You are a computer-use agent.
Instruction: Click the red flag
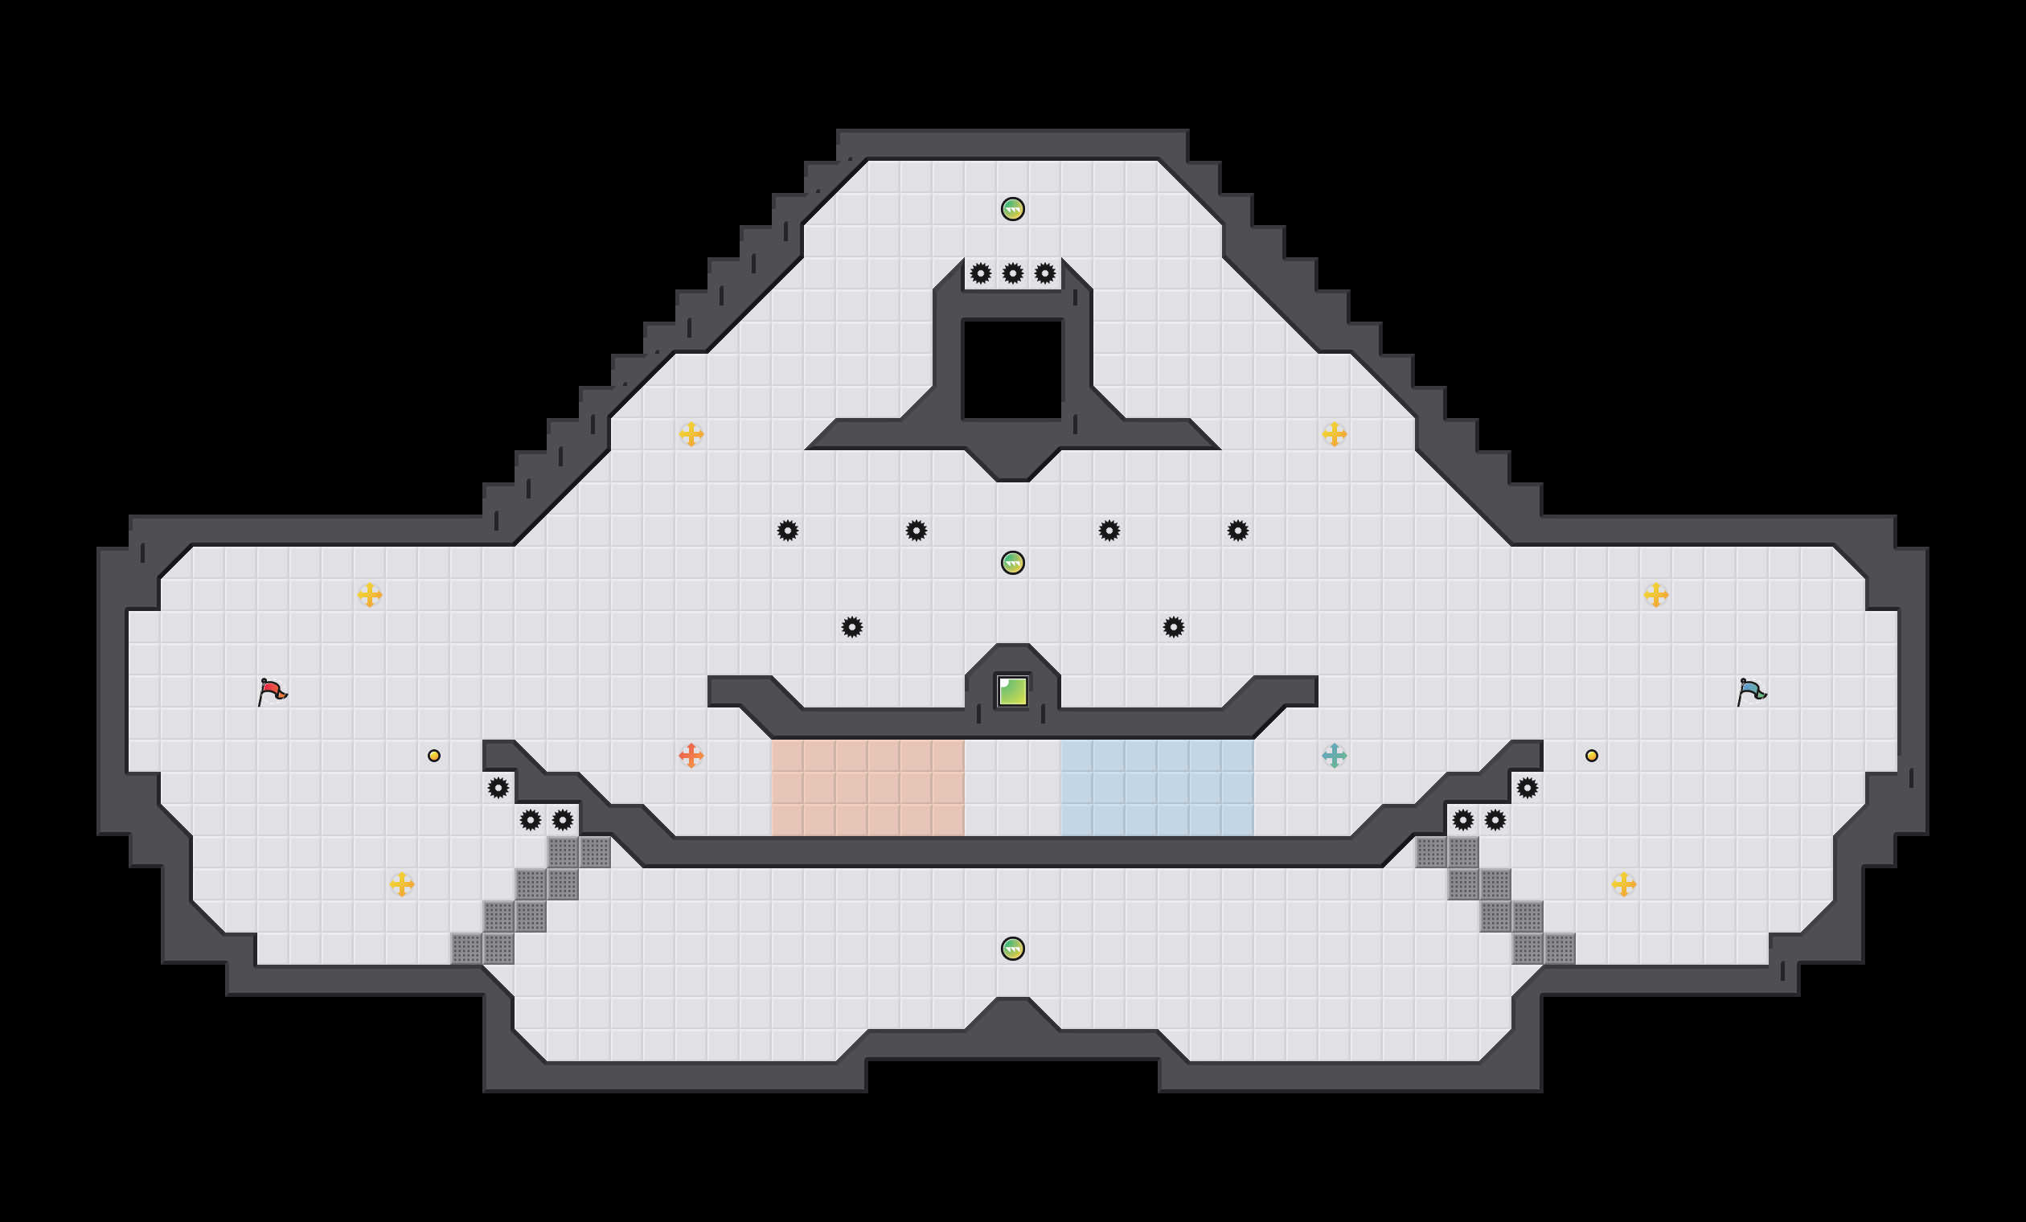click(273, 691)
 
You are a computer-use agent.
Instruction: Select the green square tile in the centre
click(1012, 691)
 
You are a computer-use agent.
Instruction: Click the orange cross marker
click(691, 755)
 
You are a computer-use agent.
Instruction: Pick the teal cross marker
click(1334, 755)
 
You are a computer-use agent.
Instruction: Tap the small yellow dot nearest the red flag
click(434, 756)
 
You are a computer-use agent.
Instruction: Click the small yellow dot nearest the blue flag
click(1592, 756)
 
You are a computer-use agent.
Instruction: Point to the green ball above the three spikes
click(1012, 209)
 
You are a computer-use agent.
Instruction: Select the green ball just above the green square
click(1012, 564)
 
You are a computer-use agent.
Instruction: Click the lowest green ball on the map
click(1012, 949)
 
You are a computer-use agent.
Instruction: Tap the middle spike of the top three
click(1012, 273)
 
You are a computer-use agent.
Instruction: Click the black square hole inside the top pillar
click(1012, 369)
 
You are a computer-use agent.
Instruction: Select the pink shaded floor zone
click(867, 787)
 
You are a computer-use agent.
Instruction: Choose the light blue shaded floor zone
click(1157, 787)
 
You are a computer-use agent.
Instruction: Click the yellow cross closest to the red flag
click(370, 595)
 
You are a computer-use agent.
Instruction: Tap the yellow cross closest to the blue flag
click(1655, 595)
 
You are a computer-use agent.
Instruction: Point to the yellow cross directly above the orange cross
click(691, 433)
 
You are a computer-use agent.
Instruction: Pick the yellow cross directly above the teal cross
click(1334, 433)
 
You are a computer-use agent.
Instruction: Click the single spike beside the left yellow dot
click(498, 788)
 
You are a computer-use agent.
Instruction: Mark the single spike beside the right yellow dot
click(1527, 788)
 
